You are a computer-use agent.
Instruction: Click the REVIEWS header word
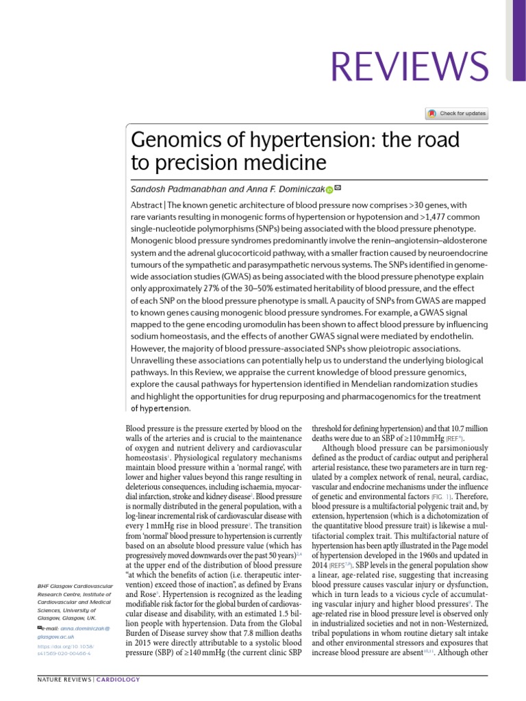(x=410, y=66)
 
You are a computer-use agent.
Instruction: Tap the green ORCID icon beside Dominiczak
(x=329, y=190)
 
